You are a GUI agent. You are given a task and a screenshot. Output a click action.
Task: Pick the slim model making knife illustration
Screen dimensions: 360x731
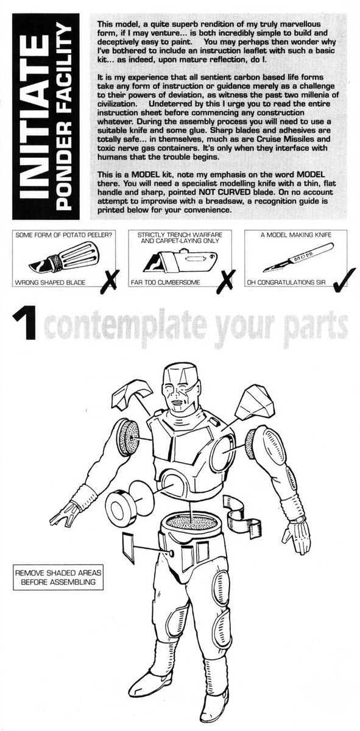point(298,257)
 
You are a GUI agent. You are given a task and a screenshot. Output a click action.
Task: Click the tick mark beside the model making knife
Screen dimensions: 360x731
point(344,280)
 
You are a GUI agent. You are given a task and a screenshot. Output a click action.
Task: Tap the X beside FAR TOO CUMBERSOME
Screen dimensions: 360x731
point(226,280)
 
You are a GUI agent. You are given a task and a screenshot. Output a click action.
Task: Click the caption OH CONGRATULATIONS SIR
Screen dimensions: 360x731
point(286,282)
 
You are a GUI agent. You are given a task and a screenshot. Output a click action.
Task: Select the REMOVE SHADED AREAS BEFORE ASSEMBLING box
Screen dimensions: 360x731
point(58,577)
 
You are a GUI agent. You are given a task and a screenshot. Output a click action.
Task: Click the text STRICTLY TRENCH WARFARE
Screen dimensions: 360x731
point(180,235)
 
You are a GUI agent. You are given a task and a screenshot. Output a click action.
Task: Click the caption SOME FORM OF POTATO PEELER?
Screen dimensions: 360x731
point(63,235)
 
